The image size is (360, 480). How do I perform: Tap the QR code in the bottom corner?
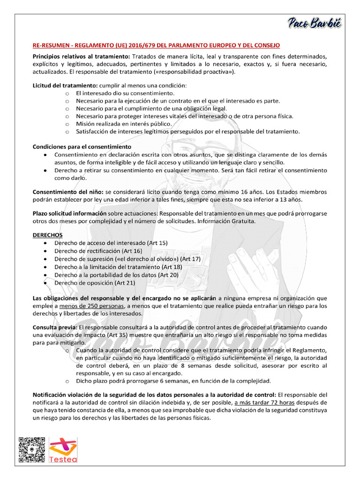coord(32,450)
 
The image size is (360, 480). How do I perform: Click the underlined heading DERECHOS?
coord(47,234)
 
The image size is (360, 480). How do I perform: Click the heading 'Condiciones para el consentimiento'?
coord(82,147)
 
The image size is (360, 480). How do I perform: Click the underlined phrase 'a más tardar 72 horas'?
coord(265,403)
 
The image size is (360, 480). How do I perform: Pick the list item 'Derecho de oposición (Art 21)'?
coord(95,283)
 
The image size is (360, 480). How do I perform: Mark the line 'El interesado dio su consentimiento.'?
coord(119,93)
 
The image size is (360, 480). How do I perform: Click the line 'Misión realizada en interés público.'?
coord(124,124)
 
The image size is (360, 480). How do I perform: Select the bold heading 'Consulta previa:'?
coord(55,327)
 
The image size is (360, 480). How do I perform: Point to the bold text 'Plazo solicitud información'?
coord(70,213)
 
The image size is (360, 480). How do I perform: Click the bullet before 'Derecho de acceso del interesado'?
coord(45,243)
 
